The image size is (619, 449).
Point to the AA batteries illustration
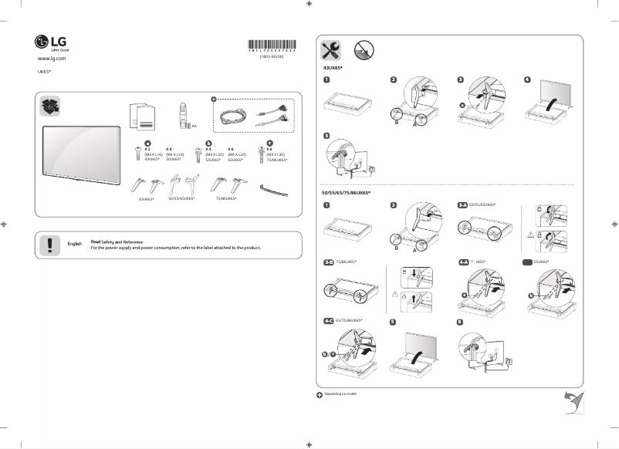(183, 116)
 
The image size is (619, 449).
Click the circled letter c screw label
(269, 142)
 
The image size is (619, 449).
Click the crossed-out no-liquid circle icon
(365, 50)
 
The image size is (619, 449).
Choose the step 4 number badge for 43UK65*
(527, 79)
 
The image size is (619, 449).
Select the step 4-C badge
(328, 320)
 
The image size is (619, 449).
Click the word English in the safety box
(75, 244)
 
